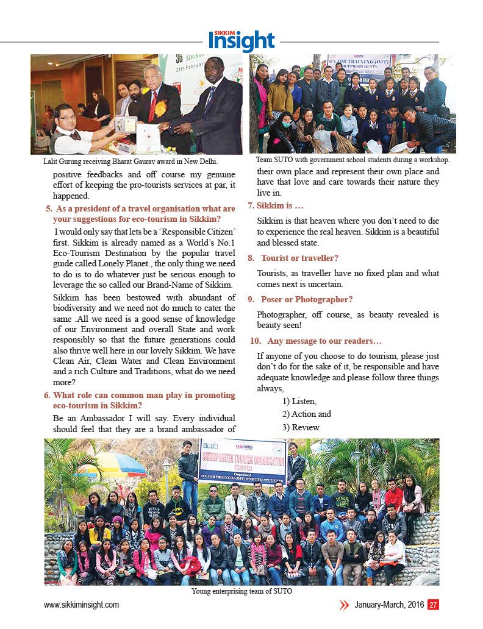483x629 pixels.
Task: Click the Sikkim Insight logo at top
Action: (241, 40)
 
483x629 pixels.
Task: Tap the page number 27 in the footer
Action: (433, 605)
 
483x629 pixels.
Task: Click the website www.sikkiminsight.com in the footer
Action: (81, 605)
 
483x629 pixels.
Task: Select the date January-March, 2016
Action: (390, 605)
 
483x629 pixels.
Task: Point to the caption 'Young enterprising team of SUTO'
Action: (241, 591)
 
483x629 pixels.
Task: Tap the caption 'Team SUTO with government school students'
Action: (352, 160)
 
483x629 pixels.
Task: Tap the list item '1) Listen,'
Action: (299, 401)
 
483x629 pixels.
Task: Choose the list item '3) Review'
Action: (301, 427)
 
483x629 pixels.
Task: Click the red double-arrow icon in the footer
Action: (344, 605)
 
